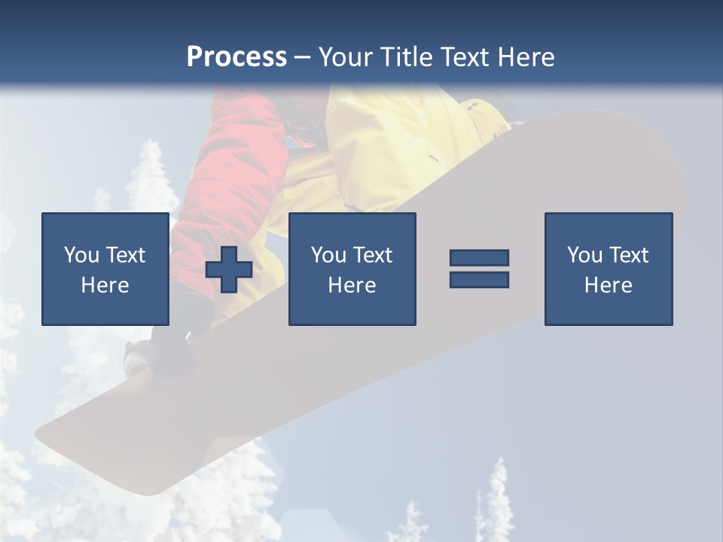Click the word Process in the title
236,57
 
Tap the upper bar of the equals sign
479,258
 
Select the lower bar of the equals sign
479,279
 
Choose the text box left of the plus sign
105,269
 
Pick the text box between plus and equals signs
352,269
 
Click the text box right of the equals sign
608,269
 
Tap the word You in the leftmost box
79,255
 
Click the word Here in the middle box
352,285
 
